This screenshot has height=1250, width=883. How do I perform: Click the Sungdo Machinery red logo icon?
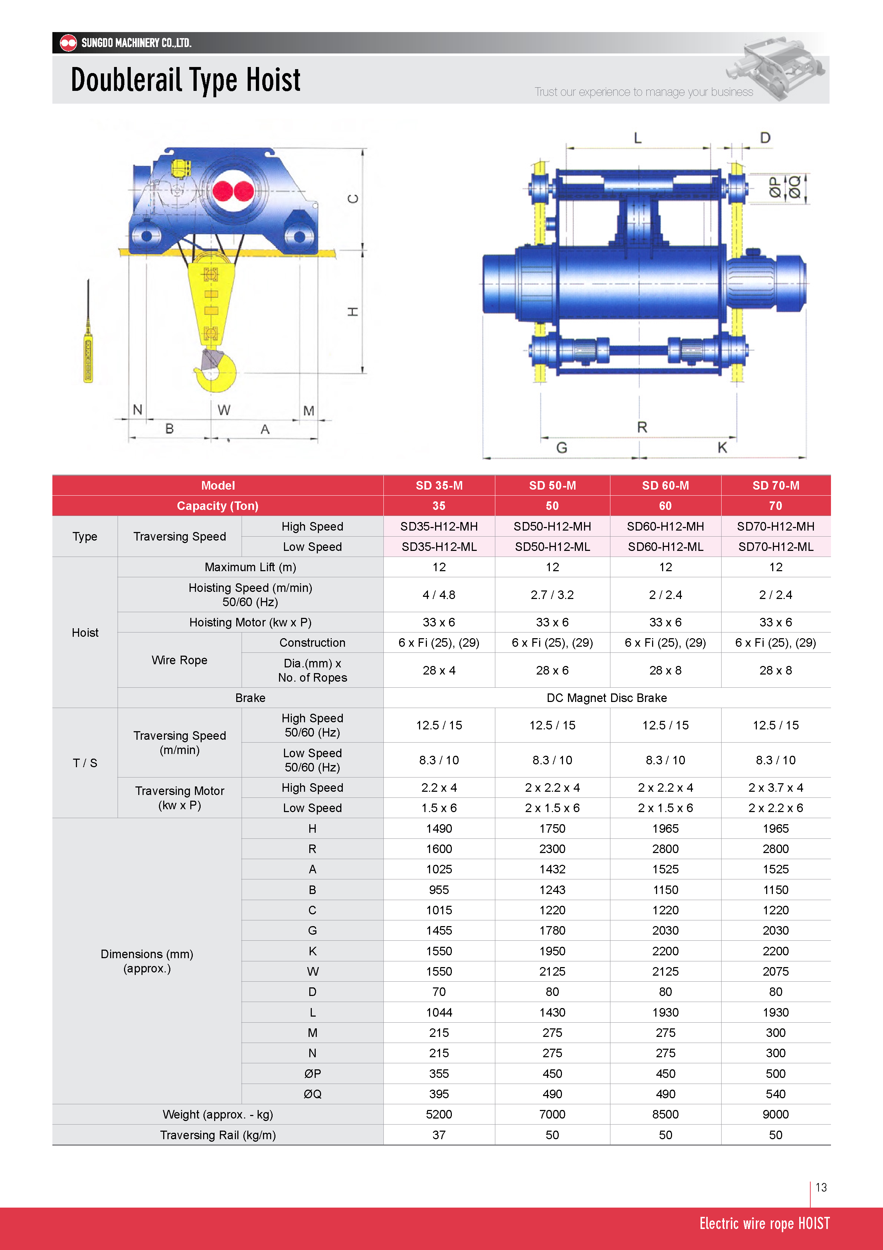(x=68, y=42)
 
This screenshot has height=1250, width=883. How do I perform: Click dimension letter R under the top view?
(x=642, y=427)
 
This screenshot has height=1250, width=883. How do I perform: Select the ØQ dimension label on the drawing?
(x=794, y=187)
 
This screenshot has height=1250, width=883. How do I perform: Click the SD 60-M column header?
(x=665, y=486)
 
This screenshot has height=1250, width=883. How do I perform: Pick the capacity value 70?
(x=775, y=506)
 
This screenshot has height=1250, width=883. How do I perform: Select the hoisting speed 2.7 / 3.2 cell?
(x=552, y=594)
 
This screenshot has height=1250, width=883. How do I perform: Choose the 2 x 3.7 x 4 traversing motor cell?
(x=775, y=788)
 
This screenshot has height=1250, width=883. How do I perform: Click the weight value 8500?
(x=665, y=1115)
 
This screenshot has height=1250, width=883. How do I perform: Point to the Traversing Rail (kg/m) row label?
(x=218, y=1135)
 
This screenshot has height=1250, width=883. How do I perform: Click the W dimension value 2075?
(x=775, y=971)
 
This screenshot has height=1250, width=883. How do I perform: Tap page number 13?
(x=821, y=1187)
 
